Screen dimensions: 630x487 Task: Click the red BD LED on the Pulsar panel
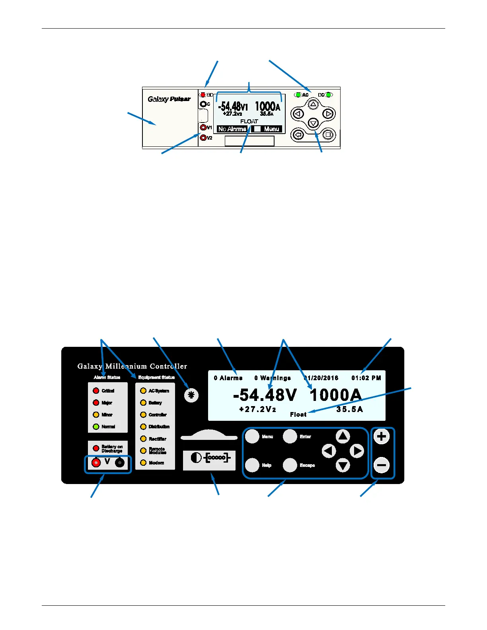point(203,95)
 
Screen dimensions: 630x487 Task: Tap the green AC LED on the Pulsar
point(298,95)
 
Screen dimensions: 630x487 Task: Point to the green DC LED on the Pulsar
point(328,95)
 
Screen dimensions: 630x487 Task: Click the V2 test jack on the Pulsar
point(204,138)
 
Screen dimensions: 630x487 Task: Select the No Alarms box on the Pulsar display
point(232,129)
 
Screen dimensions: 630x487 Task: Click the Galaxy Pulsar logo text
point(169,99)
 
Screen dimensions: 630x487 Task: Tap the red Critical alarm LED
point(96,391)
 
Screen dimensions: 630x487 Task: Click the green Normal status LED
point(96,427)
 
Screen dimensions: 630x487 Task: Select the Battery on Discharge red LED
point(96,448)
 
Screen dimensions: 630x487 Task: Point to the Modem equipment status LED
point(143,463)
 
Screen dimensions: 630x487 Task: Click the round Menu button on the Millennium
point(252,436)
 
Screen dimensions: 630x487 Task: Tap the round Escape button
point(290,465)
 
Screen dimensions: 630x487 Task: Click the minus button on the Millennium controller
point(382,465)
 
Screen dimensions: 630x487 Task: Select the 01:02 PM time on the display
point(366,378)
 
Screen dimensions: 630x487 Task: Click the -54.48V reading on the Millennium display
point(265,395)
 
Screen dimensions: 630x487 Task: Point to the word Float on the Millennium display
point(298,414)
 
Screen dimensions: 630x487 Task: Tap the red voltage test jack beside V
point(96,463)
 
